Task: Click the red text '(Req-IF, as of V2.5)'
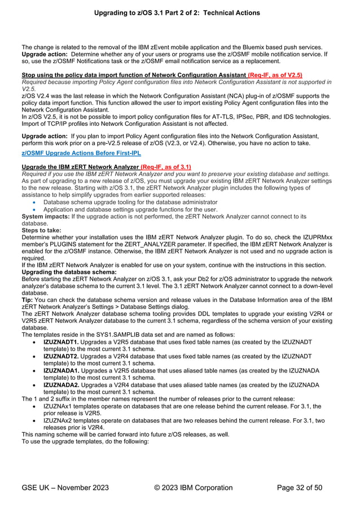click(x=275, y=75)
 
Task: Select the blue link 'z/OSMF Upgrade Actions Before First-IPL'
click(x=81, y=153)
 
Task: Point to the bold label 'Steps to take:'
click(x=42, y=230)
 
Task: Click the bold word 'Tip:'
click(x=28, y=300)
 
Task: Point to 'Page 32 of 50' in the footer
click(x=300, y=488)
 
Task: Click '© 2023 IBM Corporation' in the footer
click(x=193, y=488)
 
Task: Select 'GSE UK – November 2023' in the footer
click(x=65, y=488)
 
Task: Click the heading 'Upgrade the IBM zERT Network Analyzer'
click(x=80, y=167)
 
